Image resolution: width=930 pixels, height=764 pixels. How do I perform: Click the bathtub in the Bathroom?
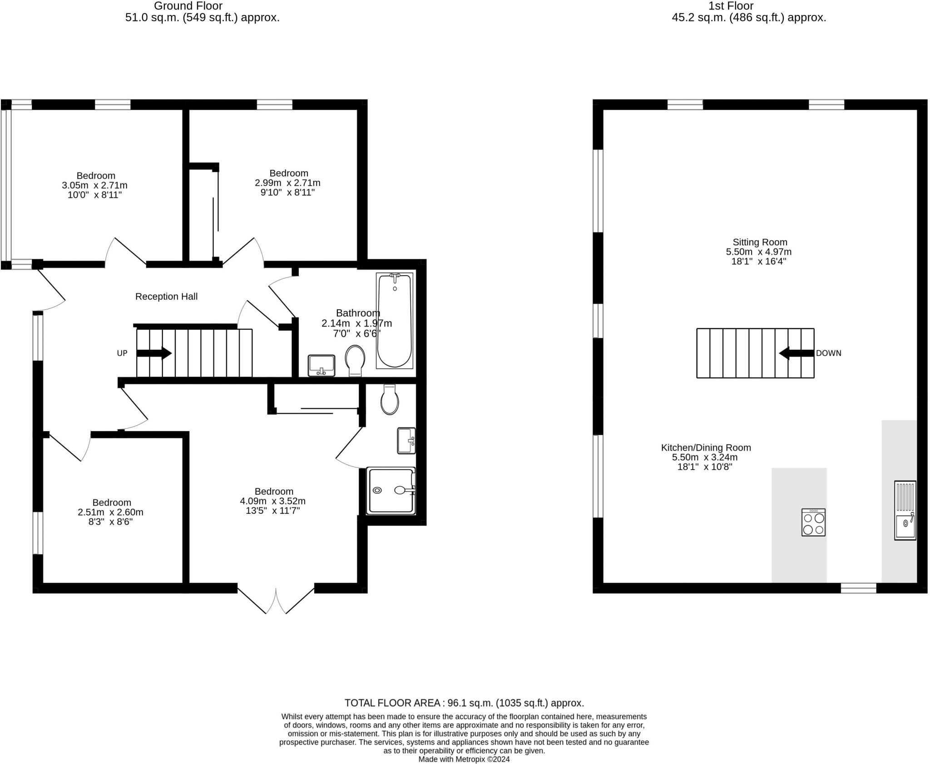[x=394, y=321]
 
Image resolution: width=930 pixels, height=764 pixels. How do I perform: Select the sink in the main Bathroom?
[x=322, y=365]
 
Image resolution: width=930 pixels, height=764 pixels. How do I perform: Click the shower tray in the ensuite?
[x=391, y=491]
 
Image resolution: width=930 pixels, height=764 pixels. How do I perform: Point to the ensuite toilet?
[x=390, y=400]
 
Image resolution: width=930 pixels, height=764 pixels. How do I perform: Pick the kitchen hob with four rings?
[x=813, y=522]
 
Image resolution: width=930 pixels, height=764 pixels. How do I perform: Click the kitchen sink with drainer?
[x=905, y=510]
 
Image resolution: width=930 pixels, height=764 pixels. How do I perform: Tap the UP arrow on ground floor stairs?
[x=154, y=353]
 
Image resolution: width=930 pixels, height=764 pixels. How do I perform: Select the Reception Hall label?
[x=166, y=297]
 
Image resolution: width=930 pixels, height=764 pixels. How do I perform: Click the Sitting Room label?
[x=760, y=242]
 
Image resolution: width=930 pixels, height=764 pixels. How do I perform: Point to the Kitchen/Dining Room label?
[x=706, y=447]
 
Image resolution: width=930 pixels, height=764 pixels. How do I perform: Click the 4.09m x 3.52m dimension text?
[x=272, y=501]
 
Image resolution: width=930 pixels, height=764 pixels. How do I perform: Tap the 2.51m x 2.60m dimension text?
[x=110, y=512]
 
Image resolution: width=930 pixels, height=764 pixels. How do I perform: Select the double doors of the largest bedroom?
[x=276, y=601]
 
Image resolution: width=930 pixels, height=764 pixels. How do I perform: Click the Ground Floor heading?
[x=188, y=6]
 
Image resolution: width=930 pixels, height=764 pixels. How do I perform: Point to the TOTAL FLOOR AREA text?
[x=464, y=703]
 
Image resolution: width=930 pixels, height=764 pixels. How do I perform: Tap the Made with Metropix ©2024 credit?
[x=464, y=759]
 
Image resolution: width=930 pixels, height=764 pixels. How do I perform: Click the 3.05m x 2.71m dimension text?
[x=94, y=185]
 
